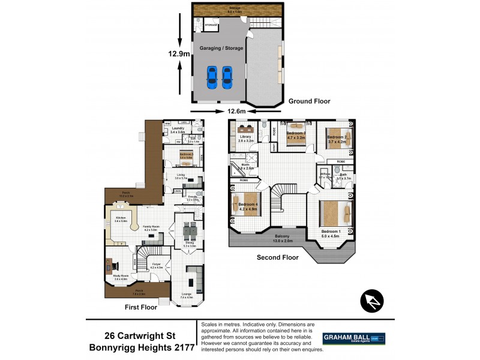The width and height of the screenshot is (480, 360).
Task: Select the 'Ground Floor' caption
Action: pyautogui.click(x=309, y=101)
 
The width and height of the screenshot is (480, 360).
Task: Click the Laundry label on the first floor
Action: pyautogui.click(x=177, y=128)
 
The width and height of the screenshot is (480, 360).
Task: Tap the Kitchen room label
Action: pyautogui.click(x=121, y=218)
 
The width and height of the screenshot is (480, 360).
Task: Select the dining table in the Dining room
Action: pyautogui.click(x=189, y=231)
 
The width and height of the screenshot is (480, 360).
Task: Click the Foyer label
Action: pyautogui.click(x=155, y=264)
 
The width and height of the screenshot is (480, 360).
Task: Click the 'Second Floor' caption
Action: pyautogui.click(x=278, y=257)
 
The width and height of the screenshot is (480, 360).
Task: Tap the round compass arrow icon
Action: pyautogui.click(x=371, y=301)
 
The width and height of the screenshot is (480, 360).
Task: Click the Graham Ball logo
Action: pyautogui.click(x=354, y=338)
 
